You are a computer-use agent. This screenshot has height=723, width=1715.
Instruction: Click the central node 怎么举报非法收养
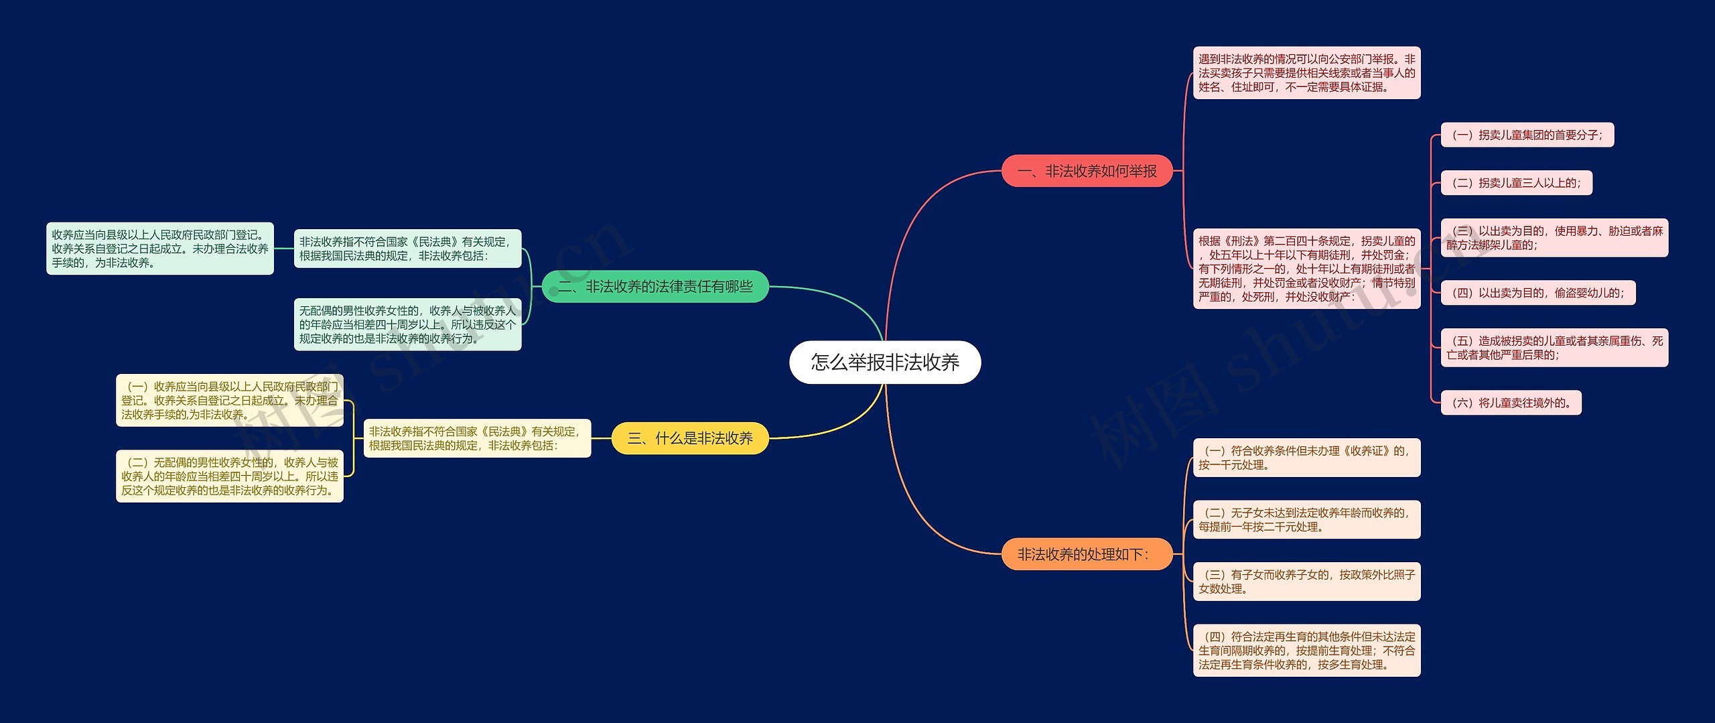coord(885,363)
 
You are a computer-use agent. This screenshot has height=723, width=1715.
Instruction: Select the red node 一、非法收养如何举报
coord(1087,172)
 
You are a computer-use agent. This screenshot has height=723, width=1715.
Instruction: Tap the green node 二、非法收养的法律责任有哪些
coord(655,287)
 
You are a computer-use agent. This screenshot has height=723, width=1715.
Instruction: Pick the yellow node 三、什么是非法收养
coord(690,438)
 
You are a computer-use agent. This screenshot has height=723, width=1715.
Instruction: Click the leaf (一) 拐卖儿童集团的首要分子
coord(1527,135)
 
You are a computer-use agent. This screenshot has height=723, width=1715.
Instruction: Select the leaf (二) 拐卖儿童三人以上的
coord(1516,183)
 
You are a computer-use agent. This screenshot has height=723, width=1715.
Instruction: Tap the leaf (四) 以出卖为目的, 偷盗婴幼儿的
coord(1537,293)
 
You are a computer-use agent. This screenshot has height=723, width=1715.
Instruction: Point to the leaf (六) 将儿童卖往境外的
coord(1511,403)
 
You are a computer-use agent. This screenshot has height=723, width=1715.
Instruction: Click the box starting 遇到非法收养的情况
coord(1306,73)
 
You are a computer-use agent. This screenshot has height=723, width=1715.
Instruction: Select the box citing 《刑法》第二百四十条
coord(1306,269)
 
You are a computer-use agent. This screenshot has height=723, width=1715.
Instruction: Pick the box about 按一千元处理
coord(1306,458)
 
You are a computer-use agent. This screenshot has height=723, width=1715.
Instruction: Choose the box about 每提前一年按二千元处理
coord(1306,519)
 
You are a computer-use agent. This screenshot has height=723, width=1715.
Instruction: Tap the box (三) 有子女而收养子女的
coord(1306,582)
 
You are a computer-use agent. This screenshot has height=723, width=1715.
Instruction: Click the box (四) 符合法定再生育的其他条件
coord(1306,651)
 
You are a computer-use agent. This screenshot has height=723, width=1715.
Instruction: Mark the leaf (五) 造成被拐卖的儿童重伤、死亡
coord(1554,348)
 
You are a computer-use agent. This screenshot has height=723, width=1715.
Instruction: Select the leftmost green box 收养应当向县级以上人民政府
coord(160,249)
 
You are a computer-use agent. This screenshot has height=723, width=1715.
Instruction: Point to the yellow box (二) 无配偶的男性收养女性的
coord(230,476)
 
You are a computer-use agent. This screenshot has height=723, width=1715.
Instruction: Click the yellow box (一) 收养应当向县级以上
coord(230,401)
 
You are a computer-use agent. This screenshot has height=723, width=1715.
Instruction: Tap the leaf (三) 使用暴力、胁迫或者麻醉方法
coord(1554,238)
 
